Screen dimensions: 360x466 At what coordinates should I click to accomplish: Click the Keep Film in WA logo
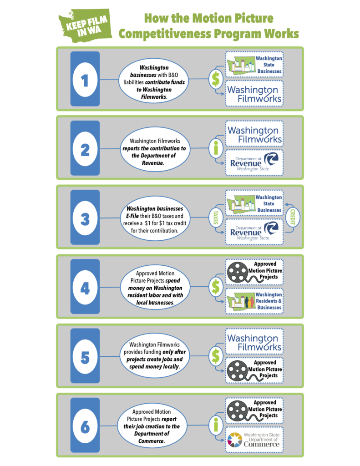point(85,26)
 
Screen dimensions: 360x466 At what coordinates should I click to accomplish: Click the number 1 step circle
point(85,80)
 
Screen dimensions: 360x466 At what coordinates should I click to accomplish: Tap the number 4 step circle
point(85,288)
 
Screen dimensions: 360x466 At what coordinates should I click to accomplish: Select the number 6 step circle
point(85,426)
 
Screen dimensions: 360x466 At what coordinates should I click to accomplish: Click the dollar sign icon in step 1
point(216,79)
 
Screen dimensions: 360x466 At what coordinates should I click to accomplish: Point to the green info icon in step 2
point(216,148)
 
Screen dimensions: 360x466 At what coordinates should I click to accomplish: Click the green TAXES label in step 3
point(216,218)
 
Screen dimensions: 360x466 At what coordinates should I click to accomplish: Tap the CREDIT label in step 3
point(293,217)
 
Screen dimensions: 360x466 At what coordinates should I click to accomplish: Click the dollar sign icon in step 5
point(216,356)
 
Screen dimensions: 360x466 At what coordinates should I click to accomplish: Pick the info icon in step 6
point(216,425)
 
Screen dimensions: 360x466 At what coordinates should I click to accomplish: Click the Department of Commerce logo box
point(254,440)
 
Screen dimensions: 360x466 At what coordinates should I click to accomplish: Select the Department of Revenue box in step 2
point(254,162)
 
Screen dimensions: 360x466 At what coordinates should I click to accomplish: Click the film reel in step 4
point(238,272)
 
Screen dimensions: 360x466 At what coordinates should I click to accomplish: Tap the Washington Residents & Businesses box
point(254,301)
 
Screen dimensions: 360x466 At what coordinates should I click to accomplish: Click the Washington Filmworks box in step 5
point(254,341)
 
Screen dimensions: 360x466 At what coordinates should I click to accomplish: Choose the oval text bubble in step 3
point(155,218)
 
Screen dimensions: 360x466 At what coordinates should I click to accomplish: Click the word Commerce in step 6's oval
point(151,441)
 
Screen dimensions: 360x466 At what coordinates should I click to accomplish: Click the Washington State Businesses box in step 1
point(254,65)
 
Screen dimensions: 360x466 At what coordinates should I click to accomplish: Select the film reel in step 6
point(238,411)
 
